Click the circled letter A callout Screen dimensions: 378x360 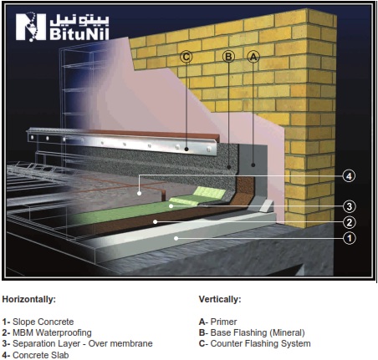coord(253,57)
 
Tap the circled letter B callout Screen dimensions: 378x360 coord(228,57)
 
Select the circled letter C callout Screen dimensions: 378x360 coord(186,57)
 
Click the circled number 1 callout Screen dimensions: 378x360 coord(349,238)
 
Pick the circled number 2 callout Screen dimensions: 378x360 coord(349,222)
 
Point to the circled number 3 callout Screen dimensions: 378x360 coord(349,206)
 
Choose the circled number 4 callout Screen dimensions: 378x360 coord(349,176)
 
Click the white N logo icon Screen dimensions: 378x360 coord(31,27)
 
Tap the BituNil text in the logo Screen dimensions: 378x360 coord(79,33)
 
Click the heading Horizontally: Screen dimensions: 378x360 coord(29,300)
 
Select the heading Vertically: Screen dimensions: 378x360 coord(220,300)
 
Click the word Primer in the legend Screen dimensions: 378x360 coord(223,322)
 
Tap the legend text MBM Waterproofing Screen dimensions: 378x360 coord(52,332)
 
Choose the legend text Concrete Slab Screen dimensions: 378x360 coord(41,355)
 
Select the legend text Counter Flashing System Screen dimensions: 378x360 coord(260,343)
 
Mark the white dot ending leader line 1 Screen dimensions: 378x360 coord(176,238)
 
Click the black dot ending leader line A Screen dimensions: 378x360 coord(253,165)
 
